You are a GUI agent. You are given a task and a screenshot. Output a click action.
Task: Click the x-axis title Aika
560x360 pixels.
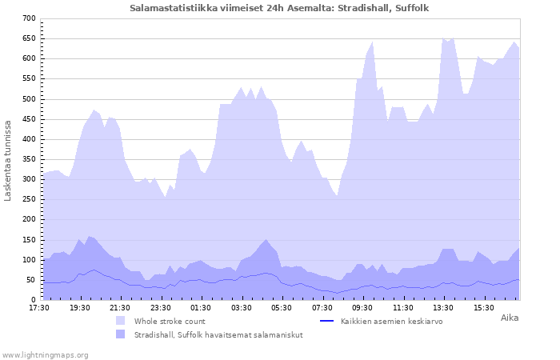coord(509,318)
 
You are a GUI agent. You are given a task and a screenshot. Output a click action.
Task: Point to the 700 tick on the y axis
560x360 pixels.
coord(29,18)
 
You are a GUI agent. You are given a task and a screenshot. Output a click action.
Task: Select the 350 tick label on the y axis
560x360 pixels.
coord(29,159)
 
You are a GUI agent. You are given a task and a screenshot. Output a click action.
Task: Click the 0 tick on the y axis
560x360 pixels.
coord(34,300)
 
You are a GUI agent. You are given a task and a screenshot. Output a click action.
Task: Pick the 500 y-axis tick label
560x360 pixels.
coord(29,99)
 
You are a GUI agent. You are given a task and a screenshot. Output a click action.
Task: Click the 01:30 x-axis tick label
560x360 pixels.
coord(201,307)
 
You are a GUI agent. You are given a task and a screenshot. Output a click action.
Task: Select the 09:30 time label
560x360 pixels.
coord(362,307)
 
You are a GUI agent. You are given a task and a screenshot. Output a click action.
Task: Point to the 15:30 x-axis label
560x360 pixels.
coord(484,307)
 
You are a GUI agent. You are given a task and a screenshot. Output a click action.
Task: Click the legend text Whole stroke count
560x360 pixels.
coord(170,321)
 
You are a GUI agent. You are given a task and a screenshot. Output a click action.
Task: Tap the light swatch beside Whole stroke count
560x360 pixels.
coord(121,321)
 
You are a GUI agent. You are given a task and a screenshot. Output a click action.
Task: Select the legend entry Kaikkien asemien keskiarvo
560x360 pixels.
coord(391,321)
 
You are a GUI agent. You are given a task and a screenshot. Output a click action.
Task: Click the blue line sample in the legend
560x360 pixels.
coord(326,321)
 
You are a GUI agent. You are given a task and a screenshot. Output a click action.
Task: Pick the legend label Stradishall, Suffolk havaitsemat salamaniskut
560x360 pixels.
coord(218,334)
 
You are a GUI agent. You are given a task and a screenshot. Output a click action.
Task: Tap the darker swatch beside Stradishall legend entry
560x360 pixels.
coord(121,334)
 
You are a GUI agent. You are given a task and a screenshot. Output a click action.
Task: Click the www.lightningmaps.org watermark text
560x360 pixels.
coord(45,354)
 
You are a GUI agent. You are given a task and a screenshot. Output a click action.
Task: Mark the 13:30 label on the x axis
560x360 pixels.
coord(443,307)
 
